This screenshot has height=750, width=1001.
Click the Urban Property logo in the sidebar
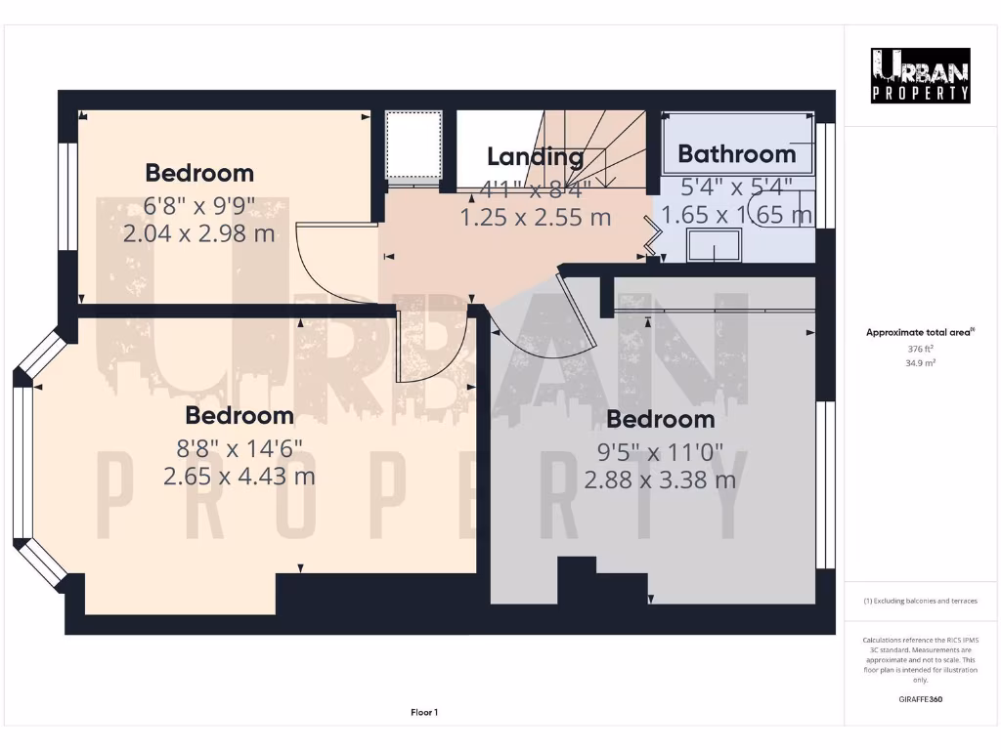tap(921, 75)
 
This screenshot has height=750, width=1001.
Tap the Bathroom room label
tap(736, 154)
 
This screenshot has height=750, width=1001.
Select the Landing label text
tap(535, 156)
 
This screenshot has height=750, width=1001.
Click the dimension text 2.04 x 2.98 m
tap(199, 233)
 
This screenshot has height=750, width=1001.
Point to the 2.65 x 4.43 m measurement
tap(239, 476)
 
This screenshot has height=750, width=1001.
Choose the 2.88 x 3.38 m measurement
tap(660, 479)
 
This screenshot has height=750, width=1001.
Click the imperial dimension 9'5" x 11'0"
tap(660, 450)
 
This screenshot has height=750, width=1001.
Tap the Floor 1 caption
tap(423, 713)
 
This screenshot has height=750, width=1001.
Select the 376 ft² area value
tap(920, 349)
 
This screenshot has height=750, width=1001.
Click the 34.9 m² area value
tap(920, 362)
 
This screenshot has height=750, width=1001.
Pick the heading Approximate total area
tap(919, 333)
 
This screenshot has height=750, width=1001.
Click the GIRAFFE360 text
tap(920, 699)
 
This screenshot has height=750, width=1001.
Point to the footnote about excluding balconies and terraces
tap(920, 601)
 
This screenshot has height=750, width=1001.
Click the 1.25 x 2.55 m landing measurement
tap(535, 217)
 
